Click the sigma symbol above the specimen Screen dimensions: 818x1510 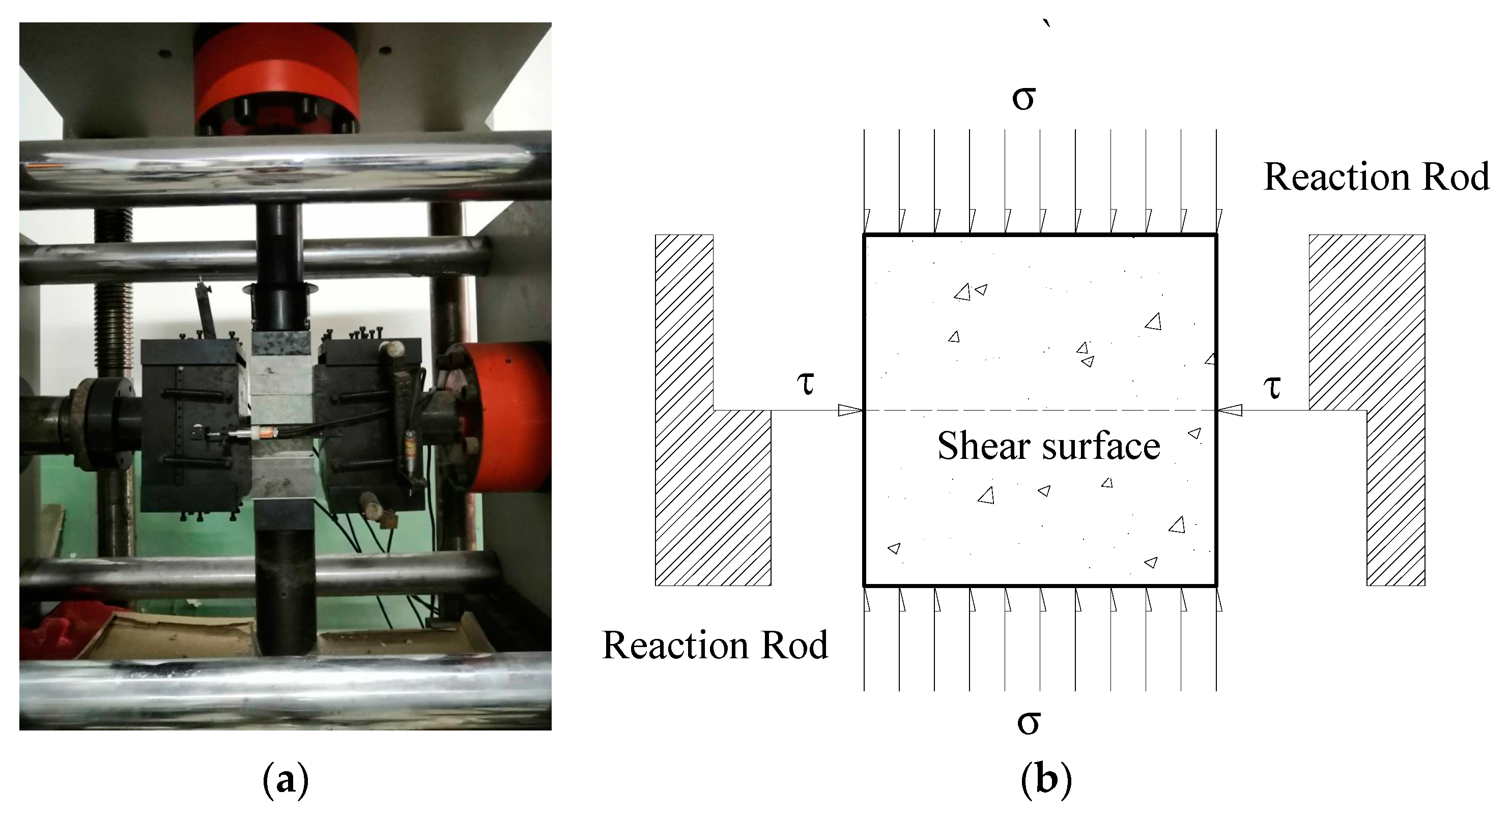point(1023,99)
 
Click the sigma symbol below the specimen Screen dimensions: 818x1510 point(1028,723)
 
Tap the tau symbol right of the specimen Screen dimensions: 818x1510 point(1272,387)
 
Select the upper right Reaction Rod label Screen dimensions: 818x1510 point(1376,177)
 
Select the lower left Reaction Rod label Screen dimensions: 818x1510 point(715,646)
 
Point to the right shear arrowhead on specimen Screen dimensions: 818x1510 point(1230,410)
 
